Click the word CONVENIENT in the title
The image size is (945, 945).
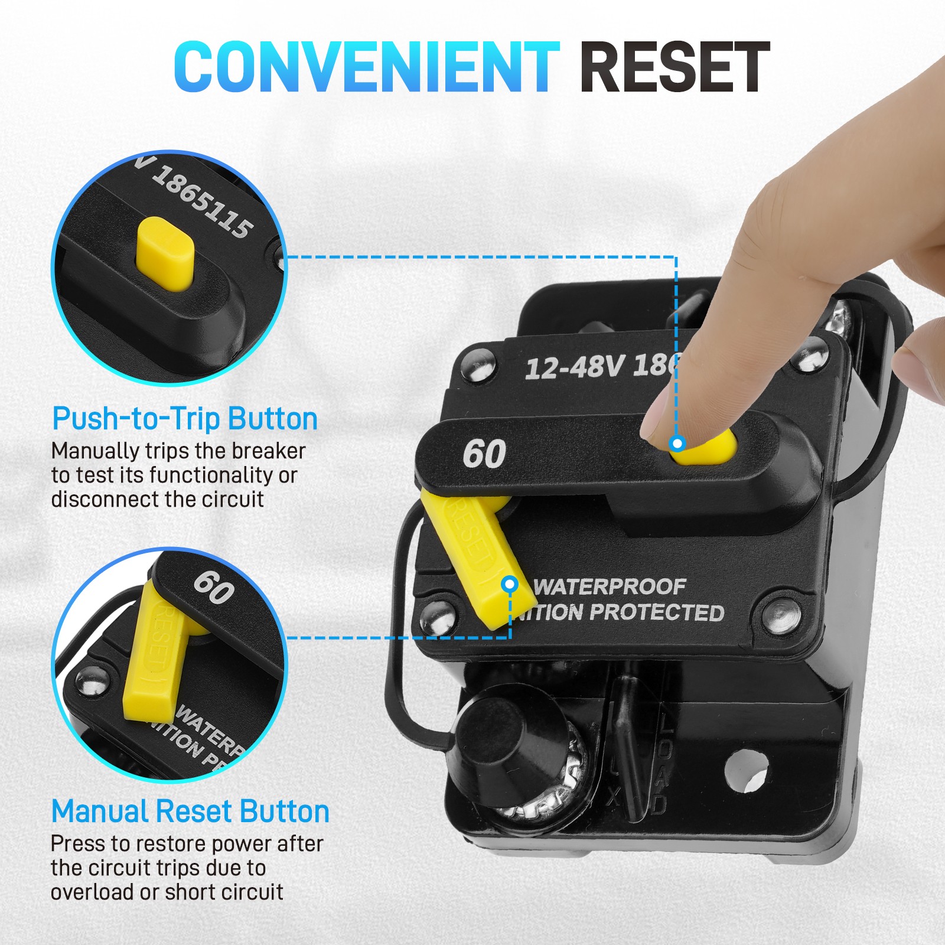pos(366,66)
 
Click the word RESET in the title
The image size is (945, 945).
pos(674,67)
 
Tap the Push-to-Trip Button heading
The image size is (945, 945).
pos(185,419)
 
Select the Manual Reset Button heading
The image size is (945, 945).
pos(190,812)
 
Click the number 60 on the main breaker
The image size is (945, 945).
pos(484,454)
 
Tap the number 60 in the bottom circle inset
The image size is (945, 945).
pos(214,587)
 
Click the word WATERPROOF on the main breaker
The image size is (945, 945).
pos(610,586)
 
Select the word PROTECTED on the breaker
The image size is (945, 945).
pos(657,612)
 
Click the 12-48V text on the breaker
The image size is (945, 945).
pos(573,367)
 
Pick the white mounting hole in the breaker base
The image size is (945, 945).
pos(746,770)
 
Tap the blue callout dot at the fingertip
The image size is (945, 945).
pos(677,442)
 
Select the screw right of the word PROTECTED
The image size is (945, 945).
pos(781,614)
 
